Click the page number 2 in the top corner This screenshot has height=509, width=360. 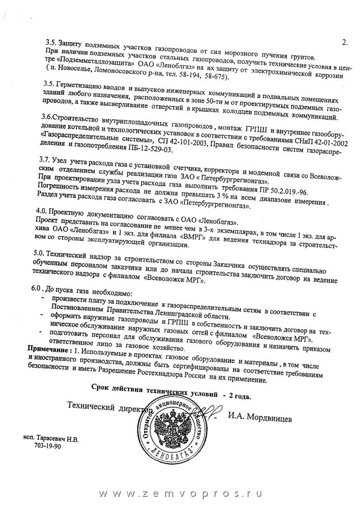coord(344,43)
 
